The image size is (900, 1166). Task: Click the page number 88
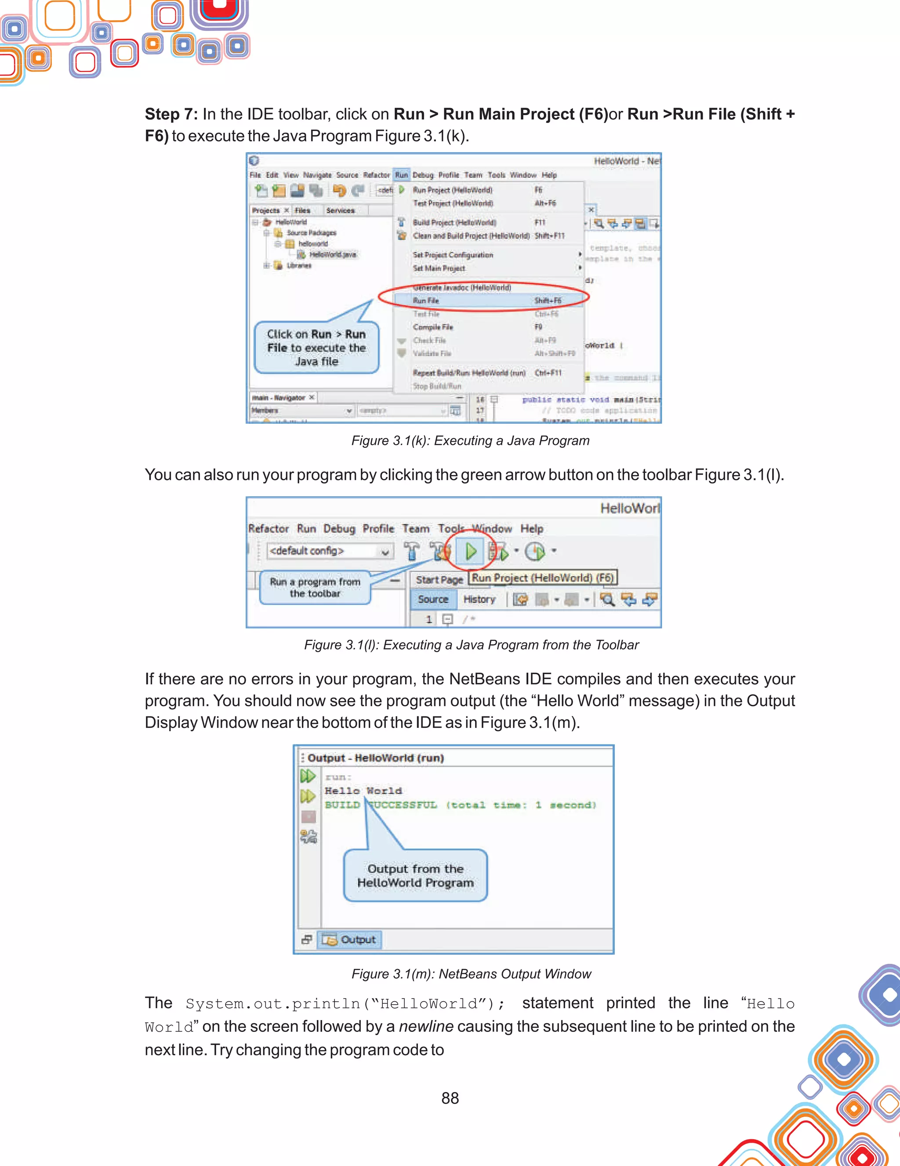[450, 1098]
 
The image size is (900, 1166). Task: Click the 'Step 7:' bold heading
[171, 114]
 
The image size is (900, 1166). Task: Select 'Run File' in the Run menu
[426, 301]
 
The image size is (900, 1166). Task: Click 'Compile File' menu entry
[433, 327]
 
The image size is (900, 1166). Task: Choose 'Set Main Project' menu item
[439, 268]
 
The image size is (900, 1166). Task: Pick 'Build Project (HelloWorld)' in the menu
[454, 222]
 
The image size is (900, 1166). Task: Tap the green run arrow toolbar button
[470, 551]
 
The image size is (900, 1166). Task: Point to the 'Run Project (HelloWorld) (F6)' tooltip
[542, 578]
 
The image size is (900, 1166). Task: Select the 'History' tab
[479, 599]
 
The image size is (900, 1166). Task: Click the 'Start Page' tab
[439, 580]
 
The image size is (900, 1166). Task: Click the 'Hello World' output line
[363, 791]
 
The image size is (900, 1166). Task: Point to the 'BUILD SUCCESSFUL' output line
[460, 805]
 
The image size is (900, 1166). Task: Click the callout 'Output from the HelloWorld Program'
[415, 875]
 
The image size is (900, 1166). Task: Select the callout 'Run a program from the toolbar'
[315, 587]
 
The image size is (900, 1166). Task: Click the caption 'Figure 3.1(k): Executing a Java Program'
[470, 440]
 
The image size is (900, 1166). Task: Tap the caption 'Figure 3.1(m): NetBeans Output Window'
[471, 974]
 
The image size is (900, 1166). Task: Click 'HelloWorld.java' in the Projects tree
[333, 254]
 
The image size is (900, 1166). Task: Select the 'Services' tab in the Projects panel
[340, 211]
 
